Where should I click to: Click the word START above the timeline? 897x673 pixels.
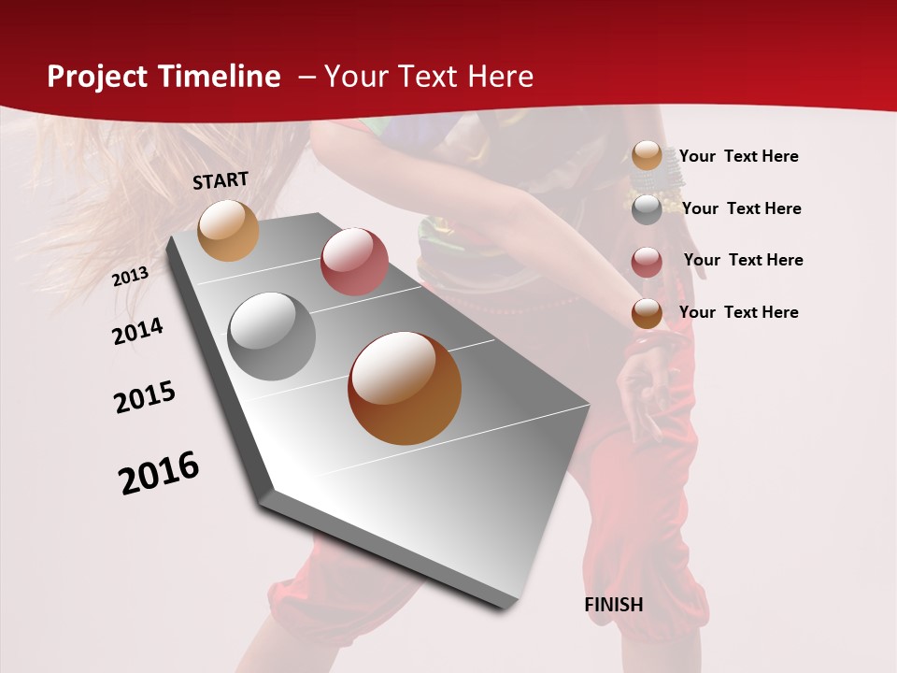pyautogui.click(x=221, y=180)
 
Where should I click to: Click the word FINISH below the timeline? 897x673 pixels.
pyautogui.click(x=614, y=605)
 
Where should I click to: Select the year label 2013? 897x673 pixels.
pyautogui.click(x=130, y=277)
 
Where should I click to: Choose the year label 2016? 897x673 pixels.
pyautogui.click(x=159, y=473)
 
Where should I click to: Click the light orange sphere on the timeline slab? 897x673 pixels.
pyautogui.click(x=228, y=230)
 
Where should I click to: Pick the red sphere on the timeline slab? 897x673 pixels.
pyautogui.click(x=354, y=261)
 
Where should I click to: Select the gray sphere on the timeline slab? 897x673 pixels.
pyautogui.click(x=272, y=336)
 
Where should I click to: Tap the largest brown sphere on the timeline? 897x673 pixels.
pyautogui.click(x=405, y=388)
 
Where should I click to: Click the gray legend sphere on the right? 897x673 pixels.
pyautogui.click(x=647, y=209)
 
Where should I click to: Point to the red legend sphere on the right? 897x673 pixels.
pyautogui.click(x=647, y=262)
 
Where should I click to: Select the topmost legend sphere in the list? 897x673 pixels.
pyautogui.click(x=647, y=156)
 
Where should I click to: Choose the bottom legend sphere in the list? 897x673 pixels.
pyautogui.click(x=647, y=313)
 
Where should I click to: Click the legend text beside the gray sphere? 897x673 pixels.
pyautogui.click(x=742, y=208)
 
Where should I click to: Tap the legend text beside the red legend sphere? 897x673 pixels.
pyautogui.click(x=744, y=260)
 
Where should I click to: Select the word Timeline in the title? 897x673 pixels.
pyautogui.click(x=221, y=77)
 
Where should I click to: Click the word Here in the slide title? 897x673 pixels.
pyautogui.click(x=499, y=77)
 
